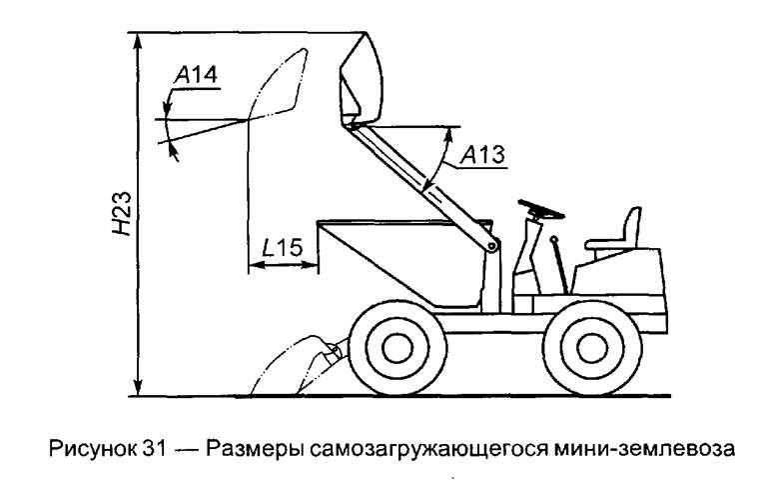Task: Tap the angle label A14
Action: [195, 74]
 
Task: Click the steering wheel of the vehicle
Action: [540, 209]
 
